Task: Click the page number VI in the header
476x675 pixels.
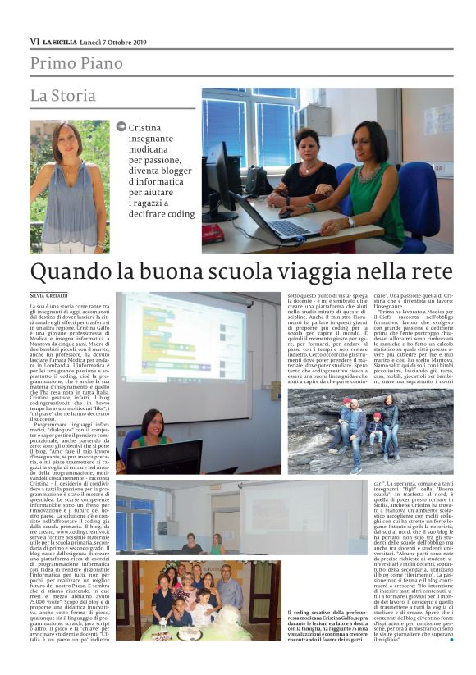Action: [x=34, y=41]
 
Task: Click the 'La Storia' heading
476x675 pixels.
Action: [x=63, y=97]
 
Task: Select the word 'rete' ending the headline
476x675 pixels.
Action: [x=428, y=271]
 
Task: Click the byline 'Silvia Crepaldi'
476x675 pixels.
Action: [x=50, y=294]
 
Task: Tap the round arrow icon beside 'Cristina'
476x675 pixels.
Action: [x=122, y=127]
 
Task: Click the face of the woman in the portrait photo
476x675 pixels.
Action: [x=68, y=139]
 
